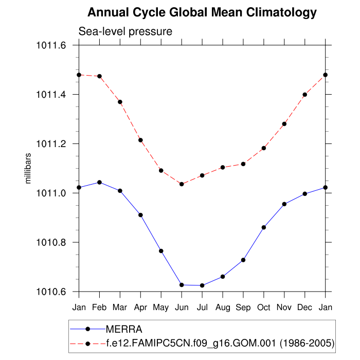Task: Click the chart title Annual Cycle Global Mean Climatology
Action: coord(202,12)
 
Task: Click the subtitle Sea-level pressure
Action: coord(125,32)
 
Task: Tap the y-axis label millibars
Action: coord(29,169)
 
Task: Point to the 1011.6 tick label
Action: coord(51,45)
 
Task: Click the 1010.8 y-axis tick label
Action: coord(51,242)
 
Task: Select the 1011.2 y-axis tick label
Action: coord(51,144)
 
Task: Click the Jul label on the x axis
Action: coord(202,308)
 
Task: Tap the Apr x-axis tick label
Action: coord(140,308)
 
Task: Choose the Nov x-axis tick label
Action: coord(284,308)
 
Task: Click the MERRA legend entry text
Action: coord(123,329)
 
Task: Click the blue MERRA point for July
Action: coord(202,285)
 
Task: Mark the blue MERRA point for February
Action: coord(99,182)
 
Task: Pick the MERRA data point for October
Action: coord(264,227)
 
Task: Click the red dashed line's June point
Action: coord(182,184)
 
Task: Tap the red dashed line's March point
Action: coord(120,102)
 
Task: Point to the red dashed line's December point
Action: coord(305,95)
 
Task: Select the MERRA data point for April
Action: coord(140,215)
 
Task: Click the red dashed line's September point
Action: coord(243,164)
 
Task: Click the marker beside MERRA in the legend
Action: coord(88,329)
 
